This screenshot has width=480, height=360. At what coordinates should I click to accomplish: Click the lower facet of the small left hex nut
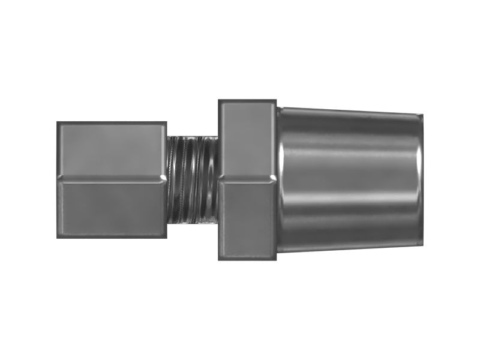click(x=112, y=208)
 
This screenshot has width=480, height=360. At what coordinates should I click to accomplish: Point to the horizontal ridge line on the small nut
click(x=112, y=178)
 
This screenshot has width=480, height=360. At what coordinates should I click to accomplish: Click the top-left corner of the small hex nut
click(x=58, y=123)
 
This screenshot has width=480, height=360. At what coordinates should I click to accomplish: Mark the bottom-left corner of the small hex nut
click(x=58, y=237)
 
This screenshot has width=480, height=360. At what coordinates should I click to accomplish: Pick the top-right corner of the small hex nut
click(x=166, y=123)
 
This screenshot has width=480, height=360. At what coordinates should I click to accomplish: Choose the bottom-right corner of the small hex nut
click(x=166, y=237)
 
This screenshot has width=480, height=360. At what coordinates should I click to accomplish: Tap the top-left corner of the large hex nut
click(x=219, y=100)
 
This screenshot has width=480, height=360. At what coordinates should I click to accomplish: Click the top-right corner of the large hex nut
click(x=275, y=100)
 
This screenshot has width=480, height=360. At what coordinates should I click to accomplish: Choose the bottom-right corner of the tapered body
click(x=422, y=244)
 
